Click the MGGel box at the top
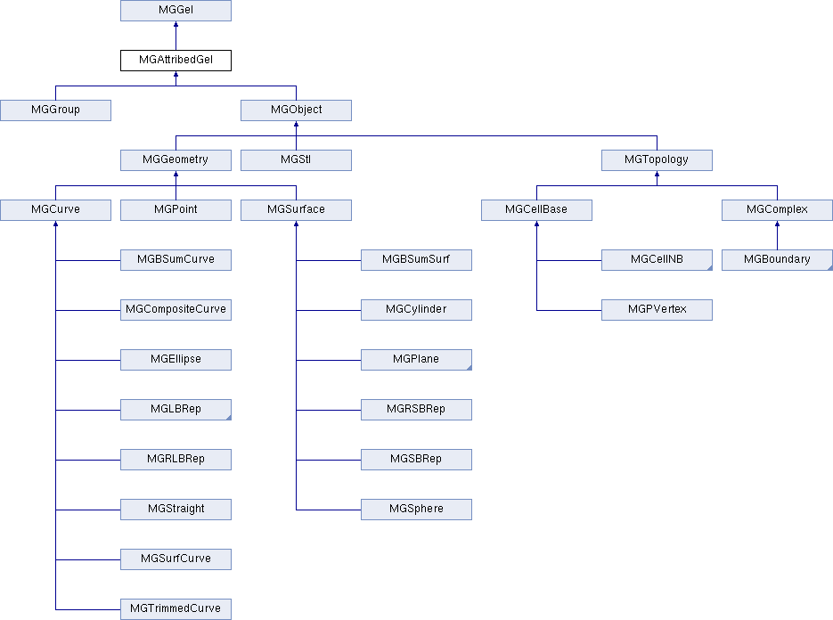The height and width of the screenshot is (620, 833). [x=176, y=11]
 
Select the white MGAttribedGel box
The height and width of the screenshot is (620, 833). [x=176, y=61]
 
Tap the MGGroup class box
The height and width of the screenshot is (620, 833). [x=55, y=110]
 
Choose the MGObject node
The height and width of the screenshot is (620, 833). [x=296, y=110]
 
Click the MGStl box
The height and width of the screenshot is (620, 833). [x=296, y=160]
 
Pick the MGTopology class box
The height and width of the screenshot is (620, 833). [x=657, y=160]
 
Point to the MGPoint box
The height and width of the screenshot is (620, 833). [x=176, y=210]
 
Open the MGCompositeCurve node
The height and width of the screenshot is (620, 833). [x=176, y=310]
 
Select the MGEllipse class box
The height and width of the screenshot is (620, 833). [x=176, y=360]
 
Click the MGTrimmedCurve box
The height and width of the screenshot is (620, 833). [x=176, y=609]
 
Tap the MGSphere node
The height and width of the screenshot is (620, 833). [x=416, y=510]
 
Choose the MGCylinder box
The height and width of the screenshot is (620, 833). [x=416, y=310]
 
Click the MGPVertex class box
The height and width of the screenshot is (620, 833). [x=657, y=310]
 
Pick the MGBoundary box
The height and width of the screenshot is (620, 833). [x=777, y=260]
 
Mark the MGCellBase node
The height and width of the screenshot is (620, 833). [x=536, y=210]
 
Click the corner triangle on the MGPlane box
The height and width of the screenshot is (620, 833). [x=468, y=367]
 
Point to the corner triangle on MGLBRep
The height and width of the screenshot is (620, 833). [x=227, y=417]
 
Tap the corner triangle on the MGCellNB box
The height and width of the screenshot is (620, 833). [x=708, y=267]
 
